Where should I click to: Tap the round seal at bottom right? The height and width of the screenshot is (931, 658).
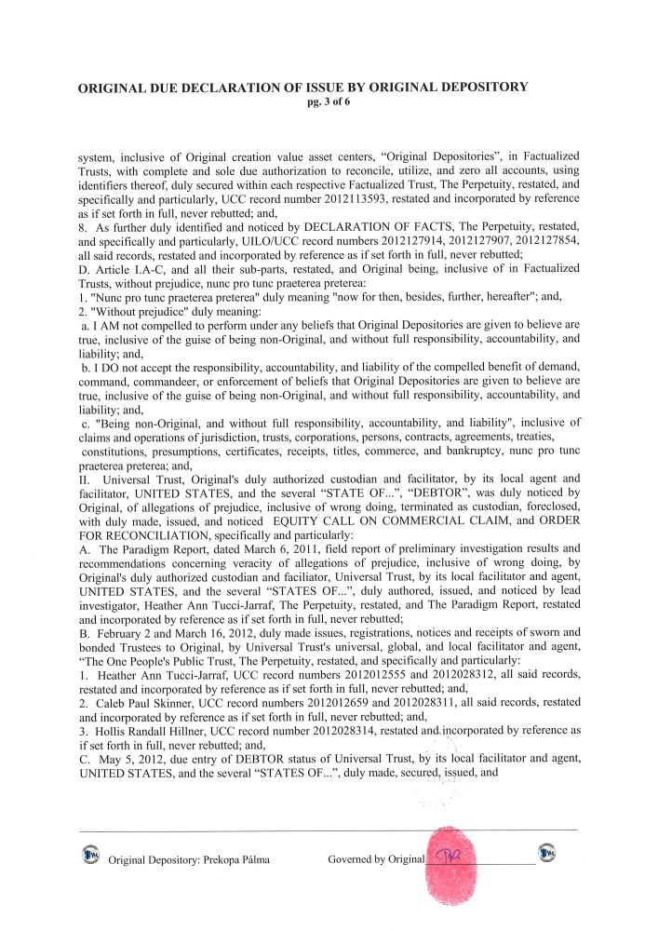[549, 854]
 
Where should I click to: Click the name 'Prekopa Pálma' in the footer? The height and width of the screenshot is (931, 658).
[235, 860]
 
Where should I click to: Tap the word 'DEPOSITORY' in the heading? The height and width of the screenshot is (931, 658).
[475, 88]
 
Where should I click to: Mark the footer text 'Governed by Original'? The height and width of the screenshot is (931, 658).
[376, 860]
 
